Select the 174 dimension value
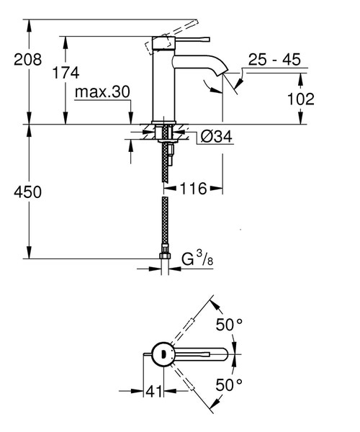65,72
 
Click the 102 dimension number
300,99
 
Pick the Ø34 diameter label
215,138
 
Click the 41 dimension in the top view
153,392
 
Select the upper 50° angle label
230,325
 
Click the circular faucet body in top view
163,354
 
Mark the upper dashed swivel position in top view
191,324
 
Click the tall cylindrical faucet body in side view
164,90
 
